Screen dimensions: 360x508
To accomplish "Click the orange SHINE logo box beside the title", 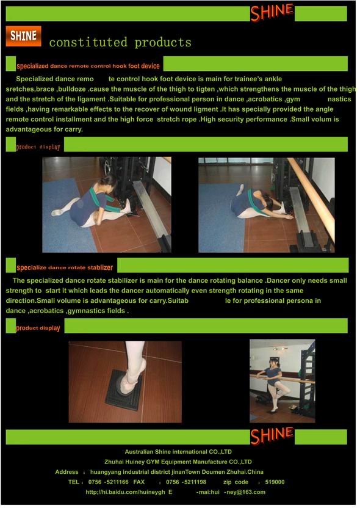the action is tap(23, 36).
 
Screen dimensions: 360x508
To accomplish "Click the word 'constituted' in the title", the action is tap(88, 43).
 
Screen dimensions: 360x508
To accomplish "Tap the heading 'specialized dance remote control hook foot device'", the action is tap(88, 66).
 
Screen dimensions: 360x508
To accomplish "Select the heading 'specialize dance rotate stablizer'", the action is tap(65, 267).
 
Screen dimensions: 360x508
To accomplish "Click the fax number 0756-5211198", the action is tap(186, 482).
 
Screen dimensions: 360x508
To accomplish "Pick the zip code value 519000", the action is tap(275, 482).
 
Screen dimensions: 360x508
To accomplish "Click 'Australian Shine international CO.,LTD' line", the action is tap(178, 452).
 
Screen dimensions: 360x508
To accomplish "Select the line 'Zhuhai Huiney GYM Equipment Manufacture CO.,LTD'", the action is tap(178, 462).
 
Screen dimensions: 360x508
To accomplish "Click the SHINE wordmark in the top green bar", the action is tap(272, 12).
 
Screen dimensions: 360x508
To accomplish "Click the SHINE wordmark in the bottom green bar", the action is tap(272, 435).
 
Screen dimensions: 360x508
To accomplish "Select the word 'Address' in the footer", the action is tap(67, 472).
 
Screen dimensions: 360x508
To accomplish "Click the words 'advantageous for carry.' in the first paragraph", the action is tap(45, 129).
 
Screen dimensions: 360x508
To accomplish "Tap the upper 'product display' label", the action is tap(38, 147).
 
